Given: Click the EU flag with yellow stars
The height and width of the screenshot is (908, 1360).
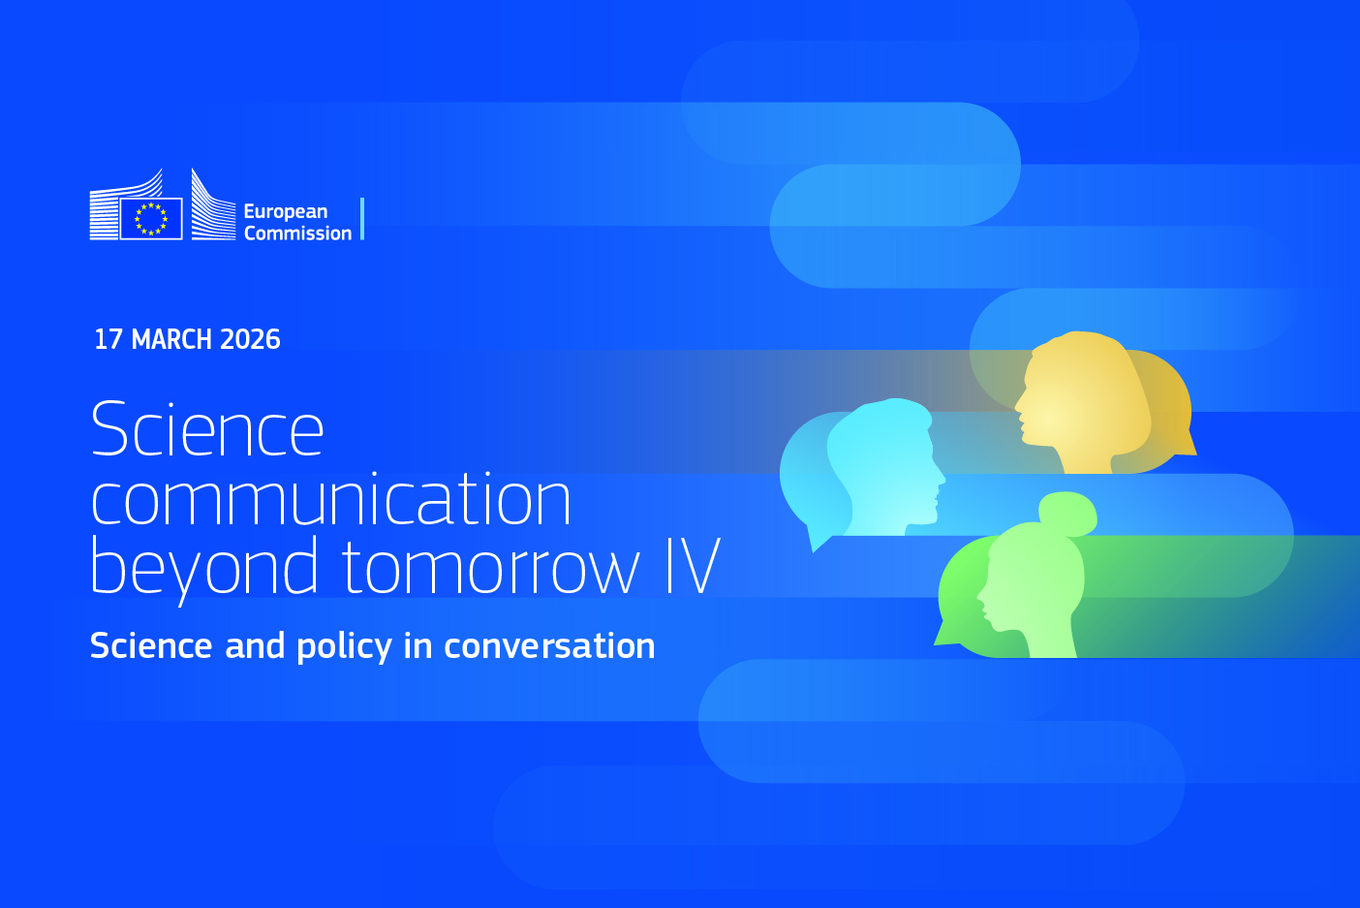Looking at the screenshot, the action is (151, 219).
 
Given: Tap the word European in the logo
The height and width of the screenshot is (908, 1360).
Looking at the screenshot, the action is (286, 211).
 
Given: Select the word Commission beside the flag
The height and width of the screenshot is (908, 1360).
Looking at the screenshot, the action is (297, 234).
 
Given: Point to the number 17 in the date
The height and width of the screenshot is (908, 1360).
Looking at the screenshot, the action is (108, 339).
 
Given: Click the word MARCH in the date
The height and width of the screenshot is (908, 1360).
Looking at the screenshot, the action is (171, 339).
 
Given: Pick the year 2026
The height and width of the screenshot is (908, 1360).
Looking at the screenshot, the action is (250, 339).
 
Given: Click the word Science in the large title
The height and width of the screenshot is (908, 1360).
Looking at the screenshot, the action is (207, 427).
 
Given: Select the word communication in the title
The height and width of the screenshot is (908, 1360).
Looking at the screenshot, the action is (331, 499).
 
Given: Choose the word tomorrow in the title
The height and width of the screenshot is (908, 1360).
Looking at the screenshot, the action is (491, 567).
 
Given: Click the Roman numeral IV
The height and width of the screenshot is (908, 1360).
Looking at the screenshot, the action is (693, 566).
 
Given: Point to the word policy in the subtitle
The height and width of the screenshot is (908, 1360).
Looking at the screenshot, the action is (344, 646).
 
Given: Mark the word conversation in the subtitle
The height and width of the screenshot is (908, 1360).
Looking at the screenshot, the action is (549, 645).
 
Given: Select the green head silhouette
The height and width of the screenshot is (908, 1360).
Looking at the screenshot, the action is (1033, 583).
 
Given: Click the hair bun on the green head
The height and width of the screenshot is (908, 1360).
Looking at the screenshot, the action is (1068, 514).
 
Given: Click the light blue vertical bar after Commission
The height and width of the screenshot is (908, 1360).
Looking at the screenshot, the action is (362, 219).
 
